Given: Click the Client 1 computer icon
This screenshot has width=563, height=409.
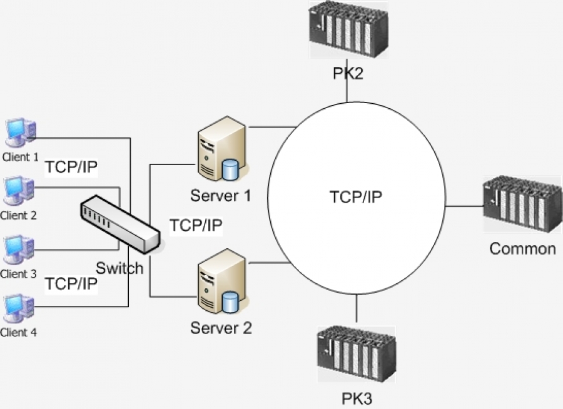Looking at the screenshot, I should pos(19,133).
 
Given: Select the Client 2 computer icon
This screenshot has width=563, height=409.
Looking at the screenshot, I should pos(19,191).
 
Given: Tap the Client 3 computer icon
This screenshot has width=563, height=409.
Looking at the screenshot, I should pos(19,250).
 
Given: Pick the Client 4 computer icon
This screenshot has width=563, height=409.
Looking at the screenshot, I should pos(19,308).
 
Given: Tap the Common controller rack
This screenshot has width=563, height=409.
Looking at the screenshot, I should pos(522,204).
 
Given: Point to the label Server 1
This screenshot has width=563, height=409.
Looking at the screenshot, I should pos(220,196).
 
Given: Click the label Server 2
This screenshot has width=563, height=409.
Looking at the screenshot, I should pos(221,327).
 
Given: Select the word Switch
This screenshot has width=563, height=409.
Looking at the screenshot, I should pos(119,268).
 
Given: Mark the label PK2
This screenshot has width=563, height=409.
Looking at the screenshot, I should pos(347,74).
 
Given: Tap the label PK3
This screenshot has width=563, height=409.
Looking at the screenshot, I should pos(357,398).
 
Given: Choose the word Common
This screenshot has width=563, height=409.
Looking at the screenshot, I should pos(522,248).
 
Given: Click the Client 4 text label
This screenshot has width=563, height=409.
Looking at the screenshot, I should pos(19,333).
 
